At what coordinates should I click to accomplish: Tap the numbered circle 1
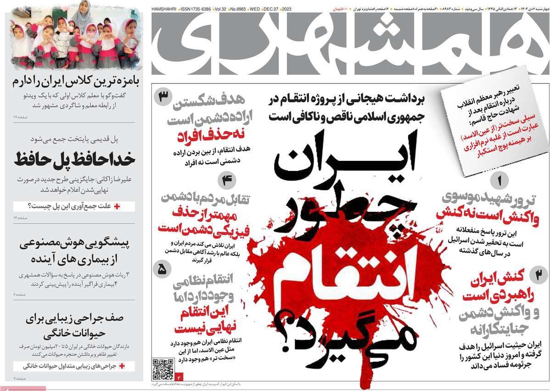499,181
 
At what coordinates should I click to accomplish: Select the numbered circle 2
538,275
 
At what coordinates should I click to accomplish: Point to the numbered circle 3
163,97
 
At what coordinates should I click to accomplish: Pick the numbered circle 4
226,181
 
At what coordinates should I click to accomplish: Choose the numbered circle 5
163,270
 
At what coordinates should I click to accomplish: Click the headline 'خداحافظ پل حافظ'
74,159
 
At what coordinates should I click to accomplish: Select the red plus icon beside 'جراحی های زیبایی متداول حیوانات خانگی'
122,366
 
